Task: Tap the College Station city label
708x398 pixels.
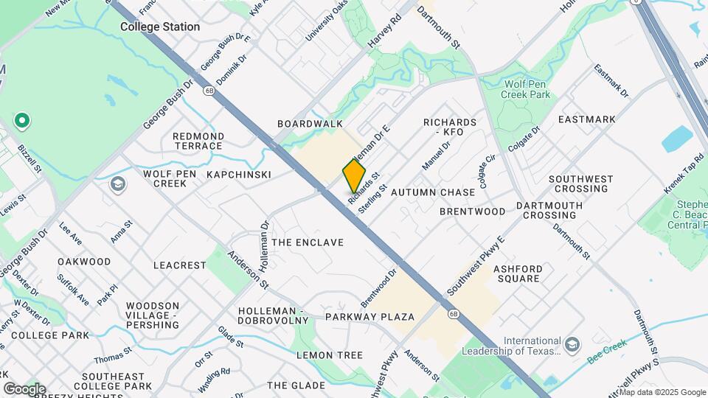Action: click(x=160, y=27)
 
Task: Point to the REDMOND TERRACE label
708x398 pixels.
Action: click(x=198, y=141)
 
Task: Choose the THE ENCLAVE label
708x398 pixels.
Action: click(x=308, y=242)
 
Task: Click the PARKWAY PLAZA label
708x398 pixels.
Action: click(x=369, y=317)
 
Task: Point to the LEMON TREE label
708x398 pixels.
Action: click(x=330, y=355)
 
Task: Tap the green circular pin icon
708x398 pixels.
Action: click(x=22, y=120)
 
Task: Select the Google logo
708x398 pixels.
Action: click(x=24, y=389)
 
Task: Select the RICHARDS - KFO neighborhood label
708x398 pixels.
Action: click(x=450, y=127)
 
